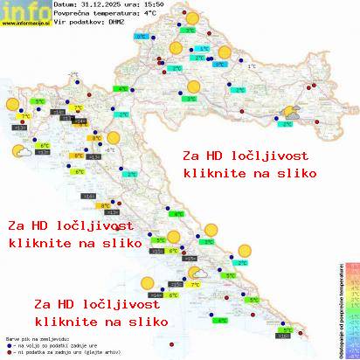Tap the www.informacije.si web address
pyautogui.click(x=24, y=24)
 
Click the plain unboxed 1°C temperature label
pyautogui.click(x=252, y=66)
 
